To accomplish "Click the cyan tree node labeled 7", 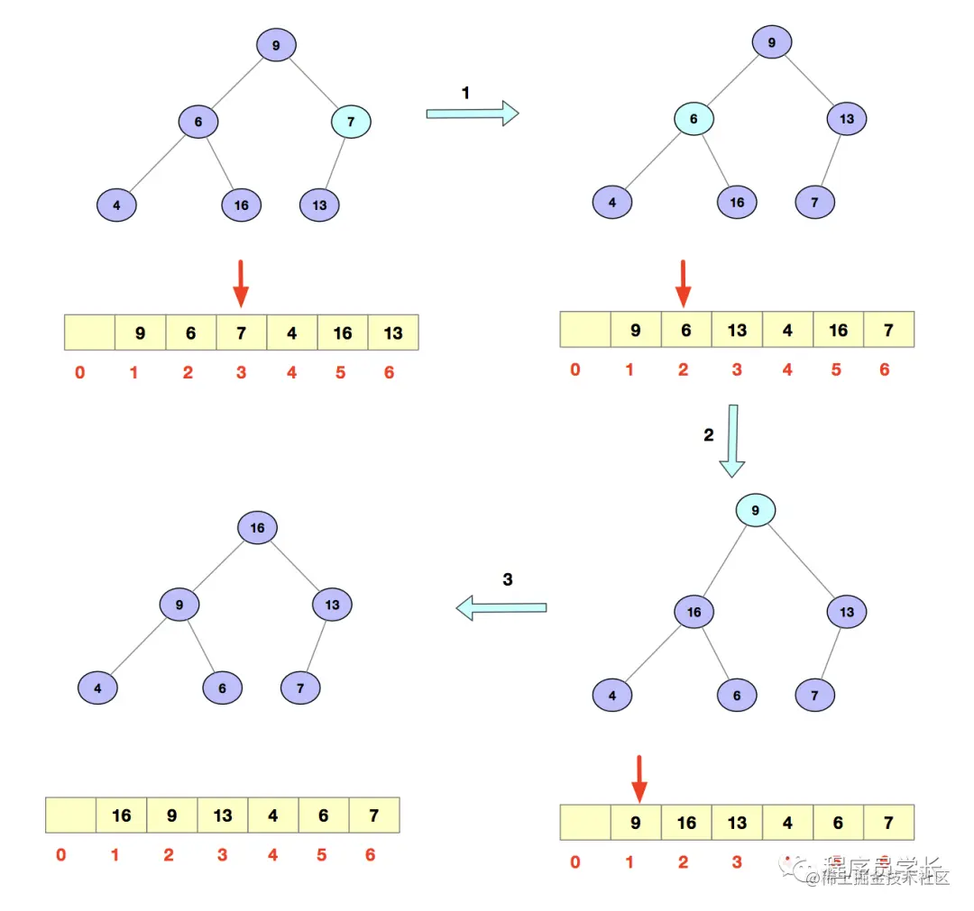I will (351, 121).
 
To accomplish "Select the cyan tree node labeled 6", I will (694, 119).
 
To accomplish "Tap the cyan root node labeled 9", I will (756, 512).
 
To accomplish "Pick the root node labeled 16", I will (258, 527).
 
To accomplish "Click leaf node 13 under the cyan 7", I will (319, 205).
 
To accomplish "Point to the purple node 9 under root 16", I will (179, 604).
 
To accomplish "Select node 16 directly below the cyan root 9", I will (694, 613).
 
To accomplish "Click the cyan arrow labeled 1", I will (472, 114).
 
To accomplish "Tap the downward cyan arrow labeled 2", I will (732, 441).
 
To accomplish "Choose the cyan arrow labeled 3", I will (501, 609).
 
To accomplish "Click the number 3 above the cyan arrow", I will (508, 580).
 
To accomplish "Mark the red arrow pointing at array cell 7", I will (240, 284).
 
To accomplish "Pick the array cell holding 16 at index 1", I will (122, 815).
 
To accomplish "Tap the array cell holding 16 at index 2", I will (686, 823).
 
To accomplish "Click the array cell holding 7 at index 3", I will (242, 333).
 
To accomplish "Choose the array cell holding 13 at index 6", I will (393, 333).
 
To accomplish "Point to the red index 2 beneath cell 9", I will (169, 855).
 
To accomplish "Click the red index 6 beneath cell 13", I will (389, 372).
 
